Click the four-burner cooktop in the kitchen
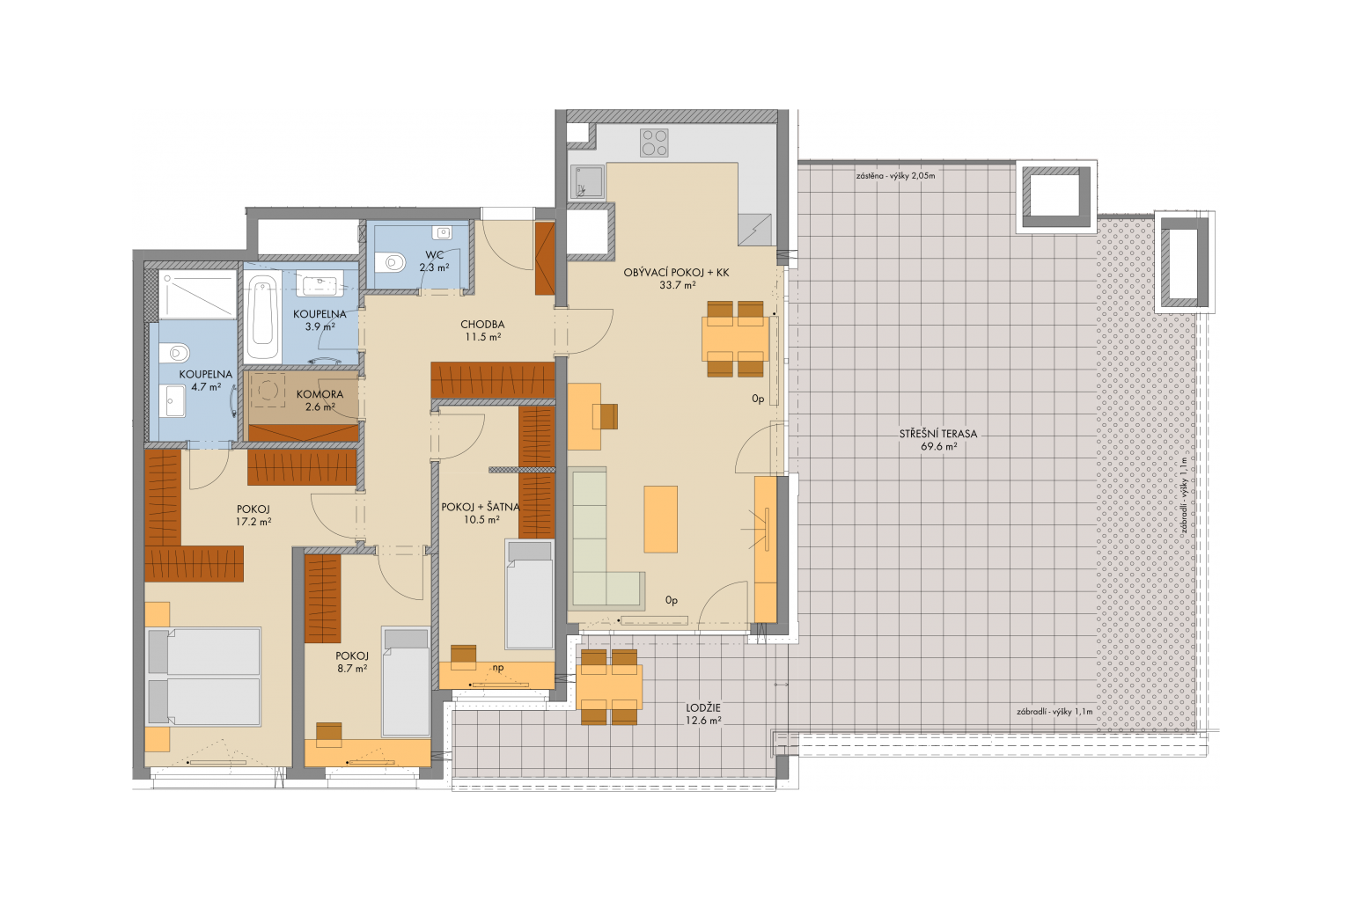(654, 143)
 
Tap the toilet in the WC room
(390, 262)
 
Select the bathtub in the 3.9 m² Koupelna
(262, 318)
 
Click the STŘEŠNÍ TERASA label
(938, 434)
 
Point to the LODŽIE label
(703, 708)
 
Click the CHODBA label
(482, 325)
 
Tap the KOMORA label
(320, 394)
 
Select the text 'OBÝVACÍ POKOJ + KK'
(676, 273)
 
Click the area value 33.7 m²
(677, 285)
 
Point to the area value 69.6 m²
(938, 447)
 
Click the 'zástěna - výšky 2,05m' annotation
(895, 176)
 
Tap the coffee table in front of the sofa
(660, 519)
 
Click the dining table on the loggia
(609, 687)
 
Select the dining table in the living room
(735, 339)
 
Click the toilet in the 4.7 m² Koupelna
(176, 352)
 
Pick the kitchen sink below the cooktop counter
(587, 182)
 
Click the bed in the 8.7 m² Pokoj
(406, 682)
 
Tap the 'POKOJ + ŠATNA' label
(481, 507)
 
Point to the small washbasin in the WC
(443, 232)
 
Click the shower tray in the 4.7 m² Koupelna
(197, 295)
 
